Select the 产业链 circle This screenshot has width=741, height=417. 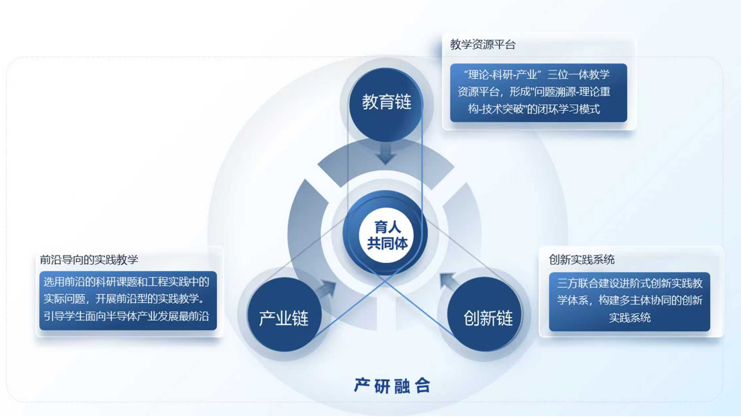pyautogui.click(x=284, y=314)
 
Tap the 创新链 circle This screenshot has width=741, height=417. pyautogui.click(x=485, y=314)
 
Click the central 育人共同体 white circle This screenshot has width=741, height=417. pyautogui.click(x=387, y=236)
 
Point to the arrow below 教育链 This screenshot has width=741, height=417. pyautogui.click(x=386, y=154)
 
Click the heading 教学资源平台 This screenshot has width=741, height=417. pyautogui.click(x=482, y=45)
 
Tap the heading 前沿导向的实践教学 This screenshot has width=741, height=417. pyautogui.click(x=89, y=260)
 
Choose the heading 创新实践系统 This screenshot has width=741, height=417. pyautogui.click(x=581, y=260)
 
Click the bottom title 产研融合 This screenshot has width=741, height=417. pyautogui.click(x=392, y=386)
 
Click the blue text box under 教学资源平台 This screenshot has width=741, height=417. pyautogui.click(x=538, y=93)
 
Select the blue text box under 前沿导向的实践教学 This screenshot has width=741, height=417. pyautogui.click(x=128, y=300)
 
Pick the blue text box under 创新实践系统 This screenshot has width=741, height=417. pyautogui.click(x=629, y=301)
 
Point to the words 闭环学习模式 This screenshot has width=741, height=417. pyautogui.click(x=569, y=109)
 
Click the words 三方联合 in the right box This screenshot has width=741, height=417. pyautogui.click(x=578, y=283)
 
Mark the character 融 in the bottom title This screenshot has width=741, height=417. pyautogui.click(x=402, y=386)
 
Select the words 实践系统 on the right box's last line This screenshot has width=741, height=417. pyautogui.click(x=630, y=317)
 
